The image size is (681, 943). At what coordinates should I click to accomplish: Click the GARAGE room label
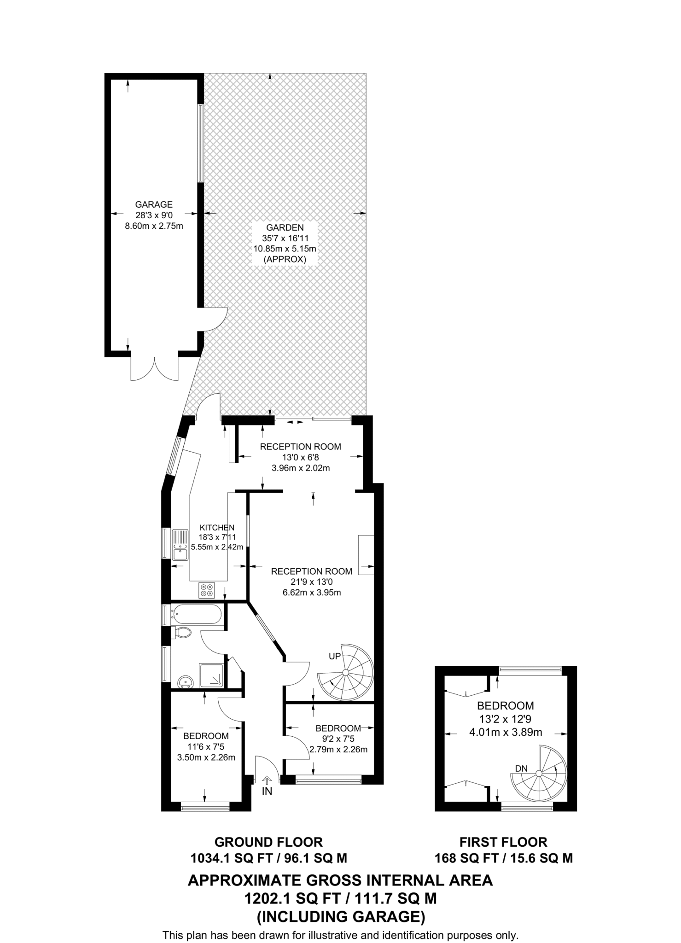coord(154,204)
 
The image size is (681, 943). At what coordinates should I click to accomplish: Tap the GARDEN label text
coord(285,227)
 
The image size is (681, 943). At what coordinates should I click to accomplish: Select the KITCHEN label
coord(217,528)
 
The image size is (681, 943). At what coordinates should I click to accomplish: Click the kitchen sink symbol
coord(180,545)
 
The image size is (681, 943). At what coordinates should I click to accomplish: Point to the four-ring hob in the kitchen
coord(207,590)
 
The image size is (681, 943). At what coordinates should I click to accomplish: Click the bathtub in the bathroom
coord(197,614)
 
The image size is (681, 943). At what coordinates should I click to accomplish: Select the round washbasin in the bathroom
coord(186,682)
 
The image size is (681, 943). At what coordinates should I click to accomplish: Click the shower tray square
coord(211,675)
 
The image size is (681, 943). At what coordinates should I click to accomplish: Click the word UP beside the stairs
coord(335,656)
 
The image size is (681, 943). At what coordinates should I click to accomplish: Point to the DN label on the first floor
coord(521,768)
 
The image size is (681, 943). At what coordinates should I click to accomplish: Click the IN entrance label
coord(267,792)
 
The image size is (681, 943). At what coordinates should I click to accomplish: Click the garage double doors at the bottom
coord(154,368)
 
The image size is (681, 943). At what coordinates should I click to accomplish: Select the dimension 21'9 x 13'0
coord(311,582)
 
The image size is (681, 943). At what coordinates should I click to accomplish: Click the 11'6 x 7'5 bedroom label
coord(206,746)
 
